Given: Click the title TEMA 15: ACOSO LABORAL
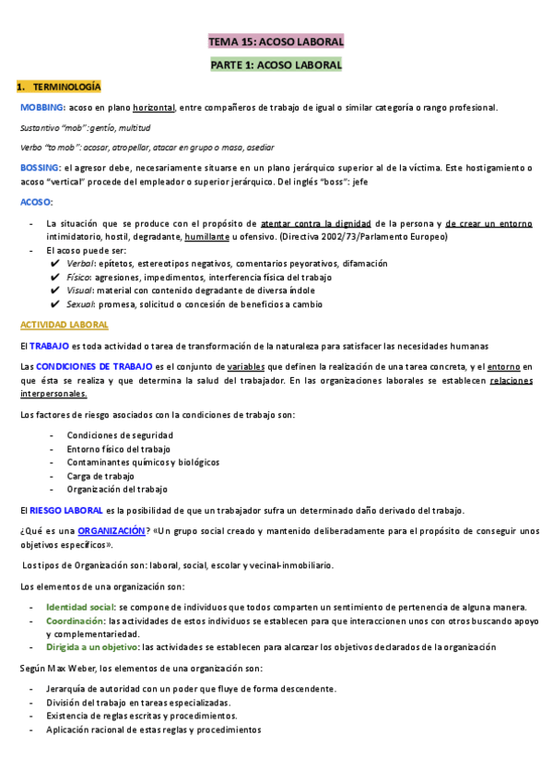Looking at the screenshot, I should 276,42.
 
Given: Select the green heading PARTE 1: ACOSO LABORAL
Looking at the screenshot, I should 276,65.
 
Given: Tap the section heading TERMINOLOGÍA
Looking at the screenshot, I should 67,87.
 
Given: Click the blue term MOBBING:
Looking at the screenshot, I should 42,108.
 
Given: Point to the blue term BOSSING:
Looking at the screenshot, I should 41,168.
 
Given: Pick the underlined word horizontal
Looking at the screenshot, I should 153,108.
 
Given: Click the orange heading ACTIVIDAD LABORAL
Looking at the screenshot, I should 64,326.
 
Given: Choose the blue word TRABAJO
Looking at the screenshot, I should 49,346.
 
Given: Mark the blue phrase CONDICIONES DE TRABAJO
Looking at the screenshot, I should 88,366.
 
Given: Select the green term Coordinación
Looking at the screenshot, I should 76,622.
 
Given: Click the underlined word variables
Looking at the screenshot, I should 252,366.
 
